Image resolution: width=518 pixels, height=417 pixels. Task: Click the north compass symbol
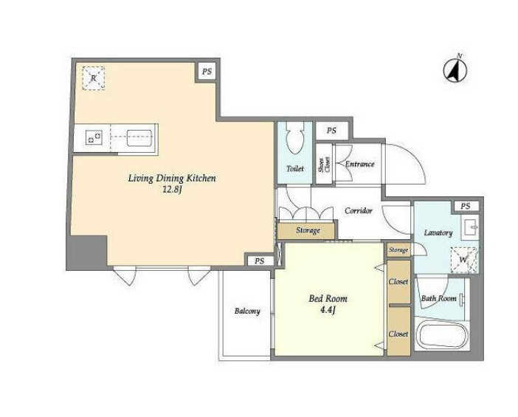tap(455, 70)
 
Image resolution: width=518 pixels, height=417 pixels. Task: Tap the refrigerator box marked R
tap(94, 78)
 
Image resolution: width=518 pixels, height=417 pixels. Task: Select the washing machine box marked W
tap(464, 260)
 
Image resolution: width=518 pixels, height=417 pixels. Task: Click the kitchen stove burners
tap(94, 137)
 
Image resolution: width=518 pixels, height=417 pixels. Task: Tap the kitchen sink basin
tap(139, 138)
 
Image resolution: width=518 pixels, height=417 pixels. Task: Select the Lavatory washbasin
tap(471, 227)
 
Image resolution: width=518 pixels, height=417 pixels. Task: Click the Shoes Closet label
tap(324, 164)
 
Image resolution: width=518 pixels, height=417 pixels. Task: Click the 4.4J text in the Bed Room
tap(328, 310)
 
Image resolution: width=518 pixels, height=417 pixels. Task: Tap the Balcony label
tap(247, 311)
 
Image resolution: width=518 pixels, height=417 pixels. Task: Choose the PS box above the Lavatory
tap(466, 206)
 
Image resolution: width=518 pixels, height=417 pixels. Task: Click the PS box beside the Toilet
tap(331, 131)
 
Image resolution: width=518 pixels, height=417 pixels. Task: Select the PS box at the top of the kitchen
tap(207, 72)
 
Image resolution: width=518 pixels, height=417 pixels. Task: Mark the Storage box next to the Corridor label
tap(307, 230)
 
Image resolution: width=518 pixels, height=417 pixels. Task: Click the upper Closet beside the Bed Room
tap(398, 282)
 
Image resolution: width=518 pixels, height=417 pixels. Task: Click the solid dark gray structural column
tap(87, 252)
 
